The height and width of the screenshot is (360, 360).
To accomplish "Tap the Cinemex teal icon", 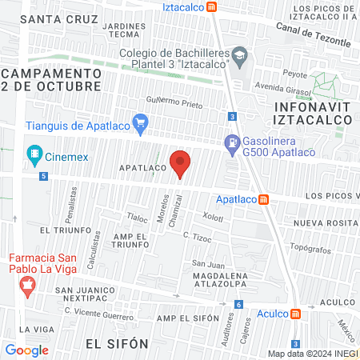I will tap(34, 153).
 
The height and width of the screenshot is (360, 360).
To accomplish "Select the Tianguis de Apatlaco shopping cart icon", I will tap(141, 122).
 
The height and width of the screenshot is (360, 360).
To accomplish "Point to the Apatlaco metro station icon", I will tap(263, 199).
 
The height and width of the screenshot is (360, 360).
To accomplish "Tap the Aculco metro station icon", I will tap(295, 314).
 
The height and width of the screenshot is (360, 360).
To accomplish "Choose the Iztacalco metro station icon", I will tap(211, 6).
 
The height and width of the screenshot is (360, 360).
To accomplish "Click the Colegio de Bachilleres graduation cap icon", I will tap(239, 54).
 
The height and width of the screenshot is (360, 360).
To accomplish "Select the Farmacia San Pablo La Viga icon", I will tap(28, 285).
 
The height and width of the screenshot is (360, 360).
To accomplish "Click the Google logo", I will tap(27, 350).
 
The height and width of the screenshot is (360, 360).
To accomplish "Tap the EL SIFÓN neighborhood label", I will tap(117, 343).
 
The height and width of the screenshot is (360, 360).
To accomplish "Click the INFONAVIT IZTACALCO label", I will tap(313, 112).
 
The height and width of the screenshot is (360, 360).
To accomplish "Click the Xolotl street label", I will tap(213, 217).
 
